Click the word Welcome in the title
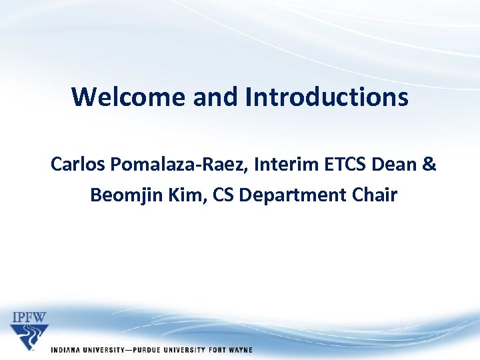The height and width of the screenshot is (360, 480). pos(129,97)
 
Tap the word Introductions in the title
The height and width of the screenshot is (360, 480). pos(327,97)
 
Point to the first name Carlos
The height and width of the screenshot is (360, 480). pos(75,164)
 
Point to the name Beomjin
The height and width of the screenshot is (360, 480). pos(124,195)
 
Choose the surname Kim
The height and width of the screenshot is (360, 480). pos(185,195)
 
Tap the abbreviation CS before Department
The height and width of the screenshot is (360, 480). pos(225,195)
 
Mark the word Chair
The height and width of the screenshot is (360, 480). pos(375,195)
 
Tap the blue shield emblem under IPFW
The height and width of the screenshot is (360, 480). pos(29,337)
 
